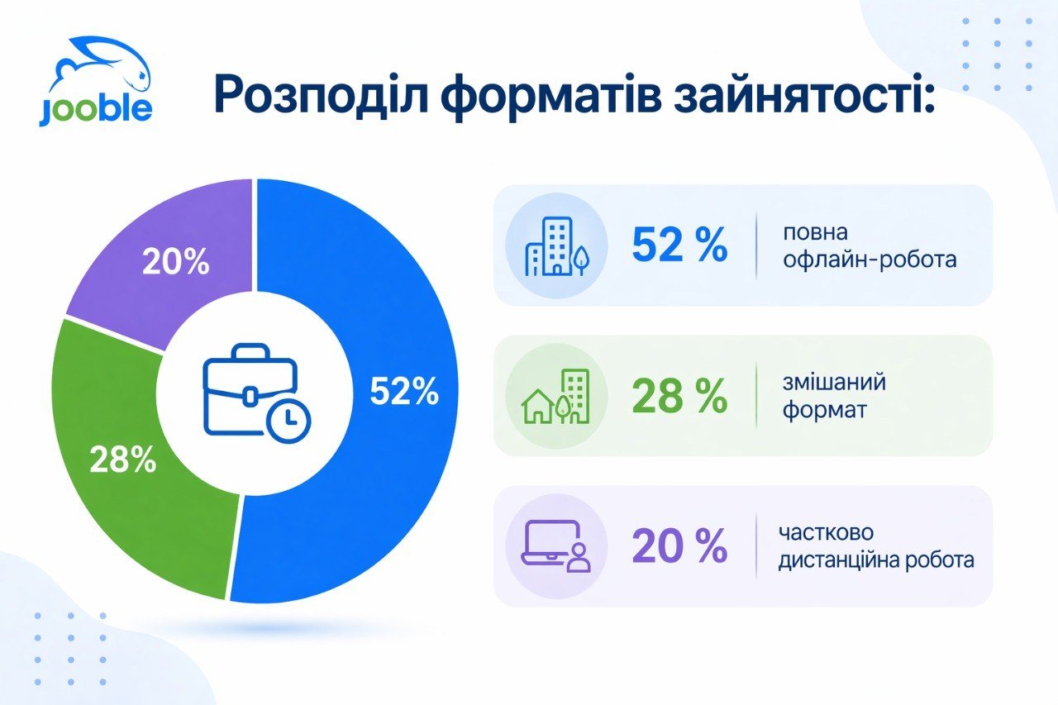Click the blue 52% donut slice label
point(404,392)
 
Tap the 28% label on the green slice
point(123,459)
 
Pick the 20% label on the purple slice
point(176,262)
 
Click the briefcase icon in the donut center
point(256,393)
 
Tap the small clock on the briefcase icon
point(288,420)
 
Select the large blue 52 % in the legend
point(679,245)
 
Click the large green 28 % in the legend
point(679,396)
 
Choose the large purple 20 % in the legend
point(679,545)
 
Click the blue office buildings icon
point(557,245)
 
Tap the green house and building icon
point(556,396)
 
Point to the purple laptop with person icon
point(556,546)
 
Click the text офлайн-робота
point(870,260)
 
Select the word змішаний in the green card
point(834,382)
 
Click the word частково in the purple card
point(826,532)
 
